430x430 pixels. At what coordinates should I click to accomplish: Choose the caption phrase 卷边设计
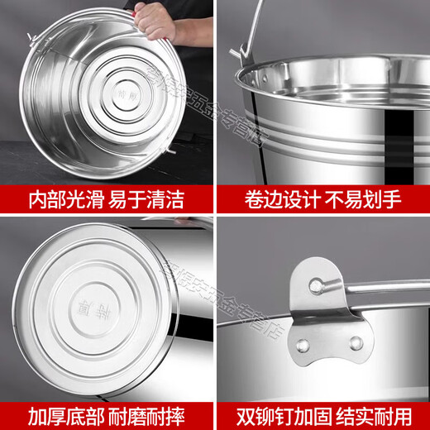click(x=269, y=198)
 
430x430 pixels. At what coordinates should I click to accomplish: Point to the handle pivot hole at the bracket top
click(x=315, y=285)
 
